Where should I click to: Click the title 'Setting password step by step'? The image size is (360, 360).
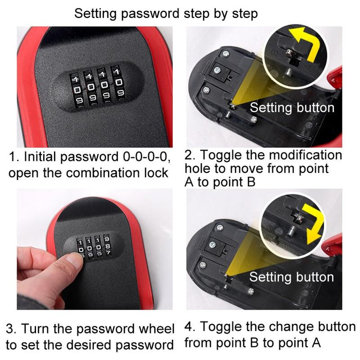166,13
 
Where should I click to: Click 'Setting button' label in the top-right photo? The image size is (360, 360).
292,107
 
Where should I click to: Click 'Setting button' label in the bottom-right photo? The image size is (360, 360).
292,277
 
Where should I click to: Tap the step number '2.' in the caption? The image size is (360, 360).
190,155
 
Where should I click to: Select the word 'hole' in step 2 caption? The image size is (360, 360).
198,169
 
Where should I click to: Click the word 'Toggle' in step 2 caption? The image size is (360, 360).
221,155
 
